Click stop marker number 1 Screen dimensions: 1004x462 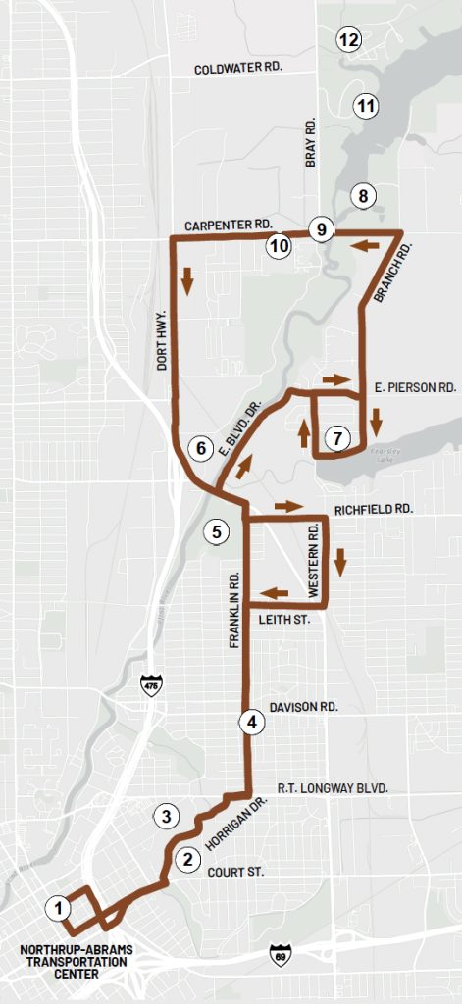[60, 908]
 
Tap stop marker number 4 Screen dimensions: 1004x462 [252, 723]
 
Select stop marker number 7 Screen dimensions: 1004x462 [336, 437]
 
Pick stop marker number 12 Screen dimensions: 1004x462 [347, 40]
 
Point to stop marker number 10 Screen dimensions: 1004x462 [279, 245]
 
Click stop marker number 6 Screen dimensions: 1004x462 [201, 448]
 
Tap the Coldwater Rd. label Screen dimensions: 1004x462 [238, 70]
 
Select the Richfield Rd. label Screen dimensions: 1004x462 [373, 510]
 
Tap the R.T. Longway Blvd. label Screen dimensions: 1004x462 [333, 787]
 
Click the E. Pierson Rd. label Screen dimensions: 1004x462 [416, 387]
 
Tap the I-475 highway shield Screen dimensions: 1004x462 [150, 684]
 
